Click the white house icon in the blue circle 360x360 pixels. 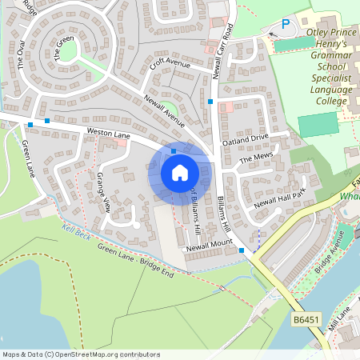pos(180,173)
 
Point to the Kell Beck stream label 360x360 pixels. pos(78,229)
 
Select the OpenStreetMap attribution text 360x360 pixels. pos(81,354)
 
